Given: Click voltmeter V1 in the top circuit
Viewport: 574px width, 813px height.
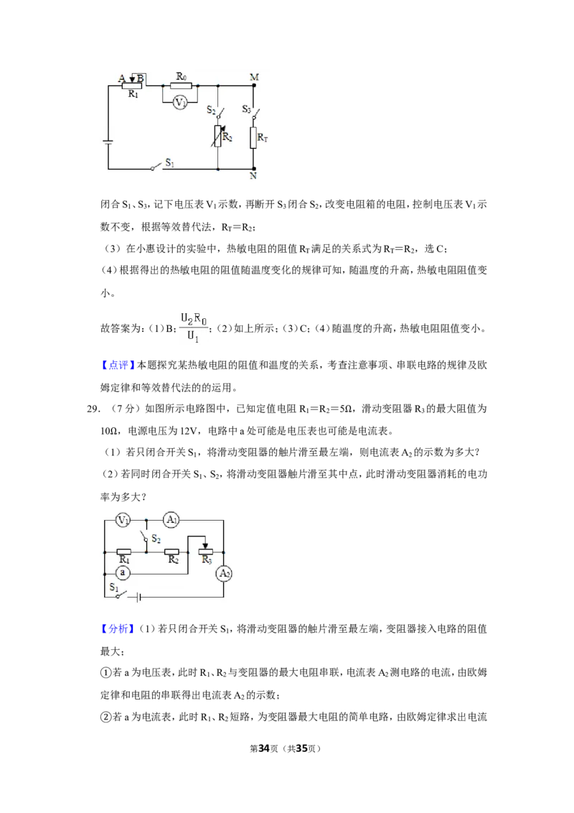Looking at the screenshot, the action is pos(180,103).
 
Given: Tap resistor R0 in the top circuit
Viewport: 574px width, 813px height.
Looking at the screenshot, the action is pos(182,85).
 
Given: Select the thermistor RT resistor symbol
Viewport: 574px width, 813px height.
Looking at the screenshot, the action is pos(253,138).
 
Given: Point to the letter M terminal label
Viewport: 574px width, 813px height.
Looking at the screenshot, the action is pos(255,78).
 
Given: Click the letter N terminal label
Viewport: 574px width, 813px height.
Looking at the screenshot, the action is pos(253,176).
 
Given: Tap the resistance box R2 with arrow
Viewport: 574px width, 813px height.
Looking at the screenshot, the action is pos(217,136).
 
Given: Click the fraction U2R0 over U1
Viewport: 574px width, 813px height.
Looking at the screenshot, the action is pos(194,327).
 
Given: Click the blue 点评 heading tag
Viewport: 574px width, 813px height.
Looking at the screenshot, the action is pos(118,365).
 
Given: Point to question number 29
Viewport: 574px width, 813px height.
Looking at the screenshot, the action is pos(93,409).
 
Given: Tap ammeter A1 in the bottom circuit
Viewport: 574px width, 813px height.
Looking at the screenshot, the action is pos(171,519).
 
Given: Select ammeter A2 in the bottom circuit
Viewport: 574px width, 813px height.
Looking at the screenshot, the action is pos(224,573).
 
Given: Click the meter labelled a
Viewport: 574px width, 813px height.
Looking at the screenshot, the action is pos(123,573).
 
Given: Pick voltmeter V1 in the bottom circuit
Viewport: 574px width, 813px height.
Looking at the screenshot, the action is pos(123,519).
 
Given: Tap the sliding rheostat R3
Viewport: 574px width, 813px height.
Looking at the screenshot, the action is pos(206,552).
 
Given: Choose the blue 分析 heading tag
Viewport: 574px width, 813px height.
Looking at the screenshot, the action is pos(118,629).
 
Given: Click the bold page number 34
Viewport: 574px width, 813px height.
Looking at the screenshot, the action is pos(264,748).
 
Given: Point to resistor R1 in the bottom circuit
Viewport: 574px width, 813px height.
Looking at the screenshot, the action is pos(124,552).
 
